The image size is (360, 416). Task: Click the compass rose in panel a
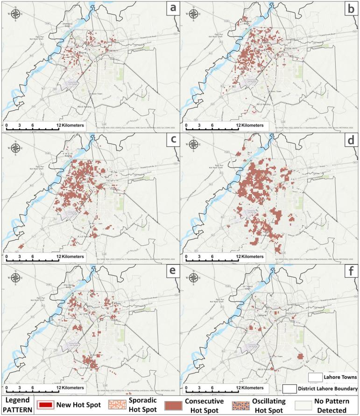pos(15,16)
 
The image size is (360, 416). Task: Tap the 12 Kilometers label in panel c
pos(71,257)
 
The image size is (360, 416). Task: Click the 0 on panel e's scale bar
pos(7,387)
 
